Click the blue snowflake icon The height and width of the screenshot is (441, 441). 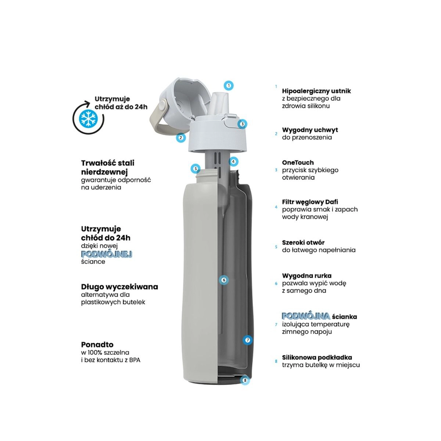point(88,119)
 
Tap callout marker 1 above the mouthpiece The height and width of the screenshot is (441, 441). point(229,86)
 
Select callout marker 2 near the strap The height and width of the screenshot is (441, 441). point(181,137)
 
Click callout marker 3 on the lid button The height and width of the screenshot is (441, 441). point(242,124)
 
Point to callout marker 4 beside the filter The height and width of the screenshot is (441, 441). point(233,162)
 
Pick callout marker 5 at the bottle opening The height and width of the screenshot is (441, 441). point(196,169)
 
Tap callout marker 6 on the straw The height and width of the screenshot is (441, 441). point(224,280)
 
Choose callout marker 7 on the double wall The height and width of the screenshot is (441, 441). point(247,340)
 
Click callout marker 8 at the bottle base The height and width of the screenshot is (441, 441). point(245,380)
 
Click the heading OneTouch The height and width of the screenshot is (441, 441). point(298,162)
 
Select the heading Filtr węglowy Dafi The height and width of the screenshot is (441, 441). point(310,202)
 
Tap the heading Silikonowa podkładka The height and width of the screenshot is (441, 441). point(317,357)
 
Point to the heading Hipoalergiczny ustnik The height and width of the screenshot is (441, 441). point(316,91)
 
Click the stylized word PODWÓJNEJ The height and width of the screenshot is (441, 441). point(107,254)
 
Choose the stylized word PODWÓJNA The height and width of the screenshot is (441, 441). point(306,316)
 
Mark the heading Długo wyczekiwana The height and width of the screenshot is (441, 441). point(119,287)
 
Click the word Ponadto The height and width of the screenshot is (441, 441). point(97,344)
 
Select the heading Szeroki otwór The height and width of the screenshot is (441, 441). point(303,242)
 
